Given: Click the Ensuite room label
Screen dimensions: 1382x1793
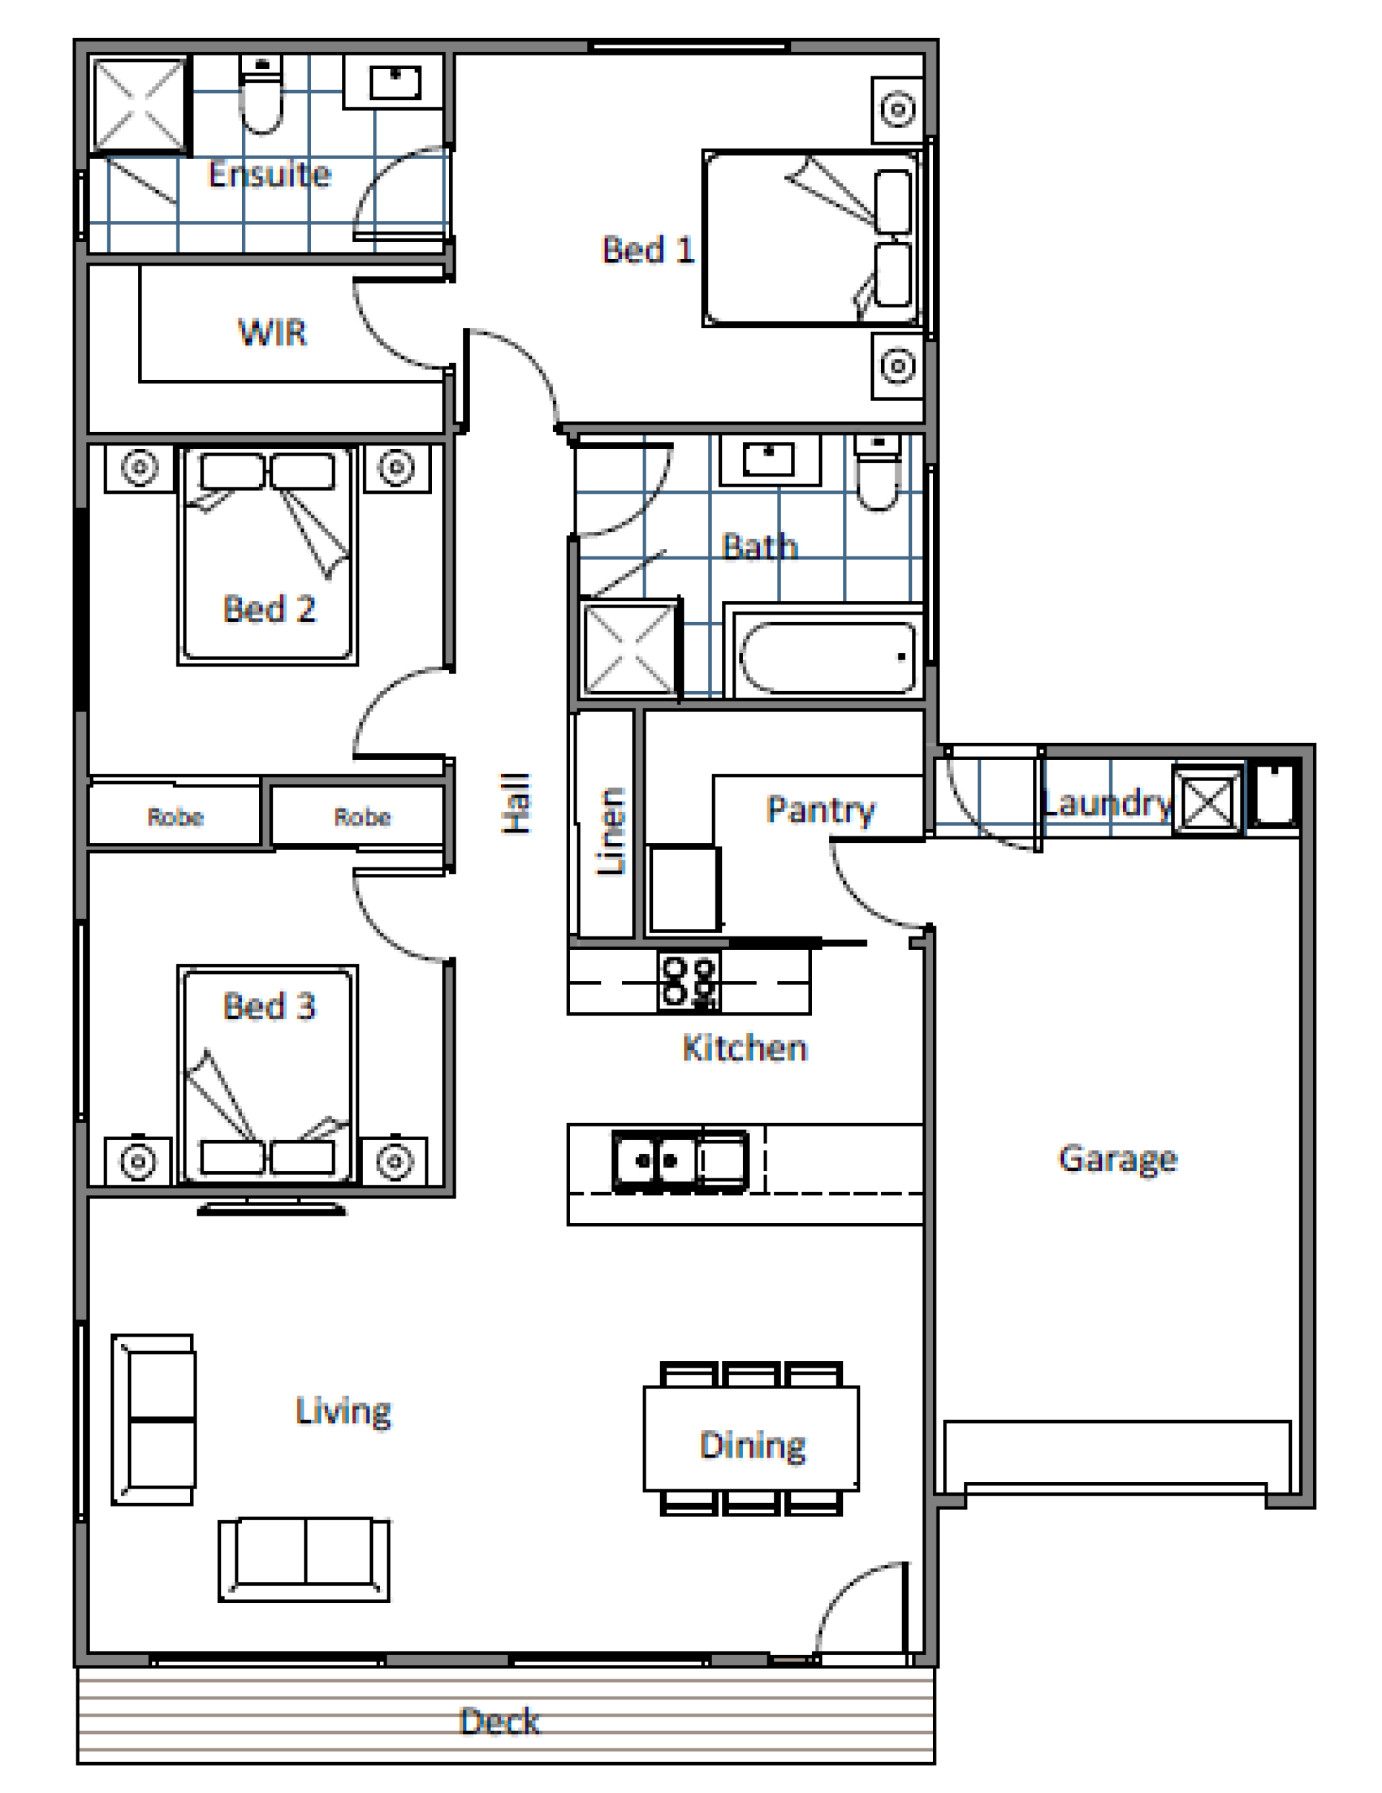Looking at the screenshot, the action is [x=269, y=174].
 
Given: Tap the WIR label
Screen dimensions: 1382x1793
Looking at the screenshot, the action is [x=272, y=333].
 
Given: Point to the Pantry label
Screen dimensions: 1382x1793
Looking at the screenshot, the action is [x=821, y=810].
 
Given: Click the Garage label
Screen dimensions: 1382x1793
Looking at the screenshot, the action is [x=1118, y=1159].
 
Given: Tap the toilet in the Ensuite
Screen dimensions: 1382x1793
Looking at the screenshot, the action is [x=261, y=94].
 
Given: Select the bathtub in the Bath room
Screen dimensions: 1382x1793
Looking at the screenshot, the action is [x=827, y=656].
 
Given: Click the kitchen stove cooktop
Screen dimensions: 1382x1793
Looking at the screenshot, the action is [x=688, y=981].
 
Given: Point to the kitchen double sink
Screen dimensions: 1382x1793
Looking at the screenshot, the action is [x=681, y=1160].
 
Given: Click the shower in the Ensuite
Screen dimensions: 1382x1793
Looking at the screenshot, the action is [x=139, y=104].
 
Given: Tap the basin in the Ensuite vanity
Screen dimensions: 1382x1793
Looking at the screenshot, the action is [x=395, y=82].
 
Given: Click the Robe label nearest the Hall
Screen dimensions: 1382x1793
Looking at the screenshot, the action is [x=362, y=816].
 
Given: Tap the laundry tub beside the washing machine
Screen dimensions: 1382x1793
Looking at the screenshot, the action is [x=1273, y=794].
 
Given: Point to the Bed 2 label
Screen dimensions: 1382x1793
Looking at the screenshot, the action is [x=269, y=608].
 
